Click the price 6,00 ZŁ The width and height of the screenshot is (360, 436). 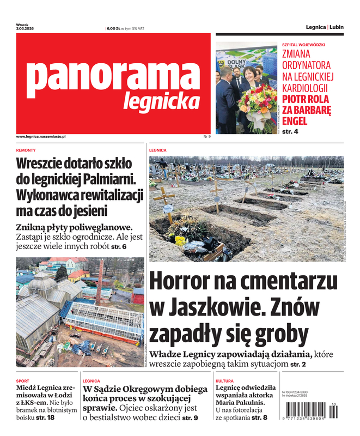pyautogui.click(x=113, y=28)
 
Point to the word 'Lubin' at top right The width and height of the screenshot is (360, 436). pyautogui.click(x=337, y=27)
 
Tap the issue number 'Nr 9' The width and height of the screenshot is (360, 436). pyautogui.click(x=206, y=136)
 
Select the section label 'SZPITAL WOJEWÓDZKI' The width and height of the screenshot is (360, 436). pyautogui.click(x=303, y=44)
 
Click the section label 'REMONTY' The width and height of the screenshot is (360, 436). pyautogui.click(x=26, y=150)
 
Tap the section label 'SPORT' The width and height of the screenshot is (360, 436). pyautogui.click(x=23, y=381)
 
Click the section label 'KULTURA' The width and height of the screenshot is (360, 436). pyautogui.click(x=224, y=381)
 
